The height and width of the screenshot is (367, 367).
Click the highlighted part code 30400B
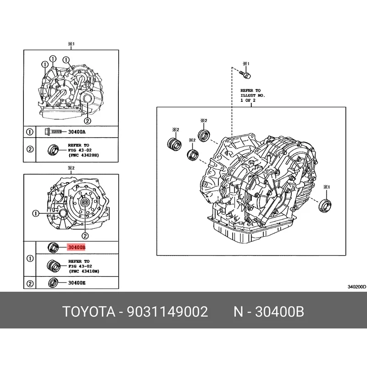point(77,247)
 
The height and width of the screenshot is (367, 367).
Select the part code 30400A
point(77,132)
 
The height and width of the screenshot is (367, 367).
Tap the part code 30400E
point(77,283)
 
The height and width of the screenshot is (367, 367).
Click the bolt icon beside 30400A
point(53,132)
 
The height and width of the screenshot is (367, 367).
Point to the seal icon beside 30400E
point(53,283)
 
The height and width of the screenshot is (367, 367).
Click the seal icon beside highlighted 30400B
point(53,248)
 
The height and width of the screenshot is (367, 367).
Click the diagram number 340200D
point(356,287)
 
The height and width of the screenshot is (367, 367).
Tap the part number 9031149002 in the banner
point(167,312)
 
